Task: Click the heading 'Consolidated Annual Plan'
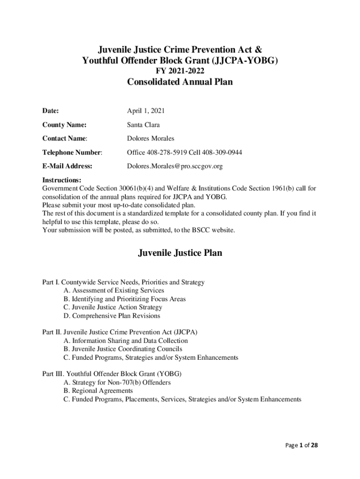[x=180, y=83]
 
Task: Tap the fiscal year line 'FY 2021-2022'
[x=180, y=71]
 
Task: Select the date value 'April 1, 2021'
[x=146, y=111]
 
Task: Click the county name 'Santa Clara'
[x=144, y=125]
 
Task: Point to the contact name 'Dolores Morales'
[x=151, y=138]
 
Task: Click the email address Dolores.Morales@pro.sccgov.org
[x=175, y=166]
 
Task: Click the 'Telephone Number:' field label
[x=72, y=152]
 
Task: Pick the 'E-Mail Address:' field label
[x=67, y=166]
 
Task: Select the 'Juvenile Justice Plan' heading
[x=180, y=253]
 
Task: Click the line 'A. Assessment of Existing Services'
[x=114, y=290]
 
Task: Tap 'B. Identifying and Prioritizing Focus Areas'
[x=125, y=299]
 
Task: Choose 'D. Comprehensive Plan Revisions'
[x=112, y=316]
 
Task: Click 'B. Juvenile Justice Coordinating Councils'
[x=123, y=349]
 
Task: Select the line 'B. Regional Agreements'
[x=98, y=391]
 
